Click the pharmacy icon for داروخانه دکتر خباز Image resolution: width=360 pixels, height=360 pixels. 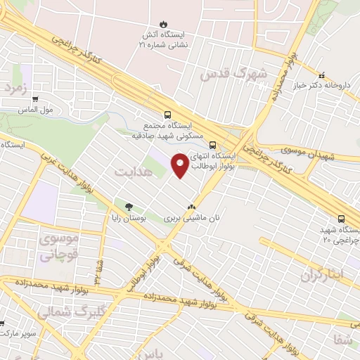(321, 75)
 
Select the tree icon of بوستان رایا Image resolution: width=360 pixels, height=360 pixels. (129, 207)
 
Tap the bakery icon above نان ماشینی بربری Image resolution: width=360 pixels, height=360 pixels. (191, 207)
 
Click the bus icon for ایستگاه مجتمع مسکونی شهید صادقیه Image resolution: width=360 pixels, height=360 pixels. (167, 114)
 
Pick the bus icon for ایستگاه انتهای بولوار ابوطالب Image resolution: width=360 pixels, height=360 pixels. (213, 145)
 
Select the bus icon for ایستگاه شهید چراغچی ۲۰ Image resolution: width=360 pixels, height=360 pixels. (341, 219)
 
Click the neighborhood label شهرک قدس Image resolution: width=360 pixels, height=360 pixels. (234, 74)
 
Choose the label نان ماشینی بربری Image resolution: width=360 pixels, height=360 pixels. (192, 219)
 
